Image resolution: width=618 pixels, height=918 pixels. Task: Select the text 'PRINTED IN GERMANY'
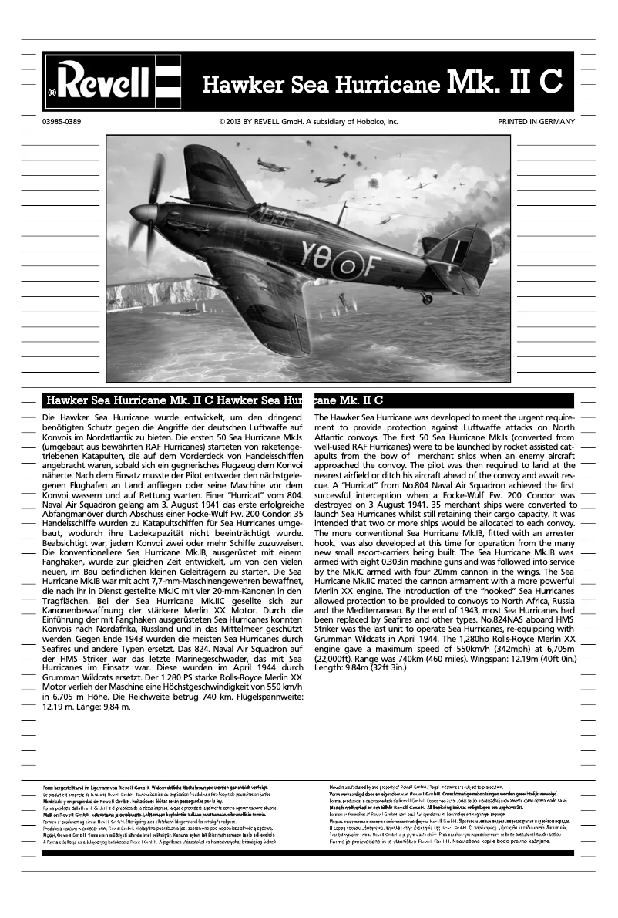pos(536,122)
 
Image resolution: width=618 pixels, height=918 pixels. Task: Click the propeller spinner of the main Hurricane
pos(143,213)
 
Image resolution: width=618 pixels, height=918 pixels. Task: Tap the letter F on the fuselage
pos(369,264)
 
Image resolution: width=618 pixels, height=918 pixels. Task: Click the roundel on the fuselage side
pos(345,262)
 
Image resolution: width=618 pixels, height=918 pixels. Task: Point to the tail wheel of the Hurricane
pos(426,298)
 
